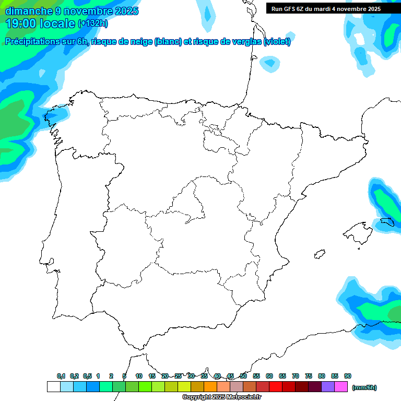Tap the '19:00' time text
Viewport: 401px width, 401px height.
coord(21,23)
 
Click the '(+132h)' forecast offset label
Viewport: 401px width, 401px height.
coord(92,23)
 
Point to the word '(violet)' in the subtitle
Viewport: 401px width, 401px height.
coord(277,42)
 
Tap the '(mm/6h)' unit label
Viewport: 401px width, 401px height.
coord(364,387)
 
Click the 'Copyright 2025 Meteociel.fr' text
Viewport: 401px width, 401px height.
coord(221,397)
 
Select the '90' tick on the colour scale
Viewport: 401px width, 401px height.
coord(348,376)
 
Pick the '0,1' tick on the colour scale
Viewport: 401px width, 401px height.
coord(61,376)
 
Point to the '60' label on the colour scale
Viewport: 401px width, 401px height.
coord(269,376)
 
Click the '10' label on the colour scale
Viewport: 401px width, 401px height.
coord(139,376)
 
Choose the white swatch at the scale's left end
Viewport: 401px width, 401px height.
coord(53,387)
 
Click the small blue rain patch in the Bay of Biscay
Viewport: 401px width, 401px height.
coord(269,64)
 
